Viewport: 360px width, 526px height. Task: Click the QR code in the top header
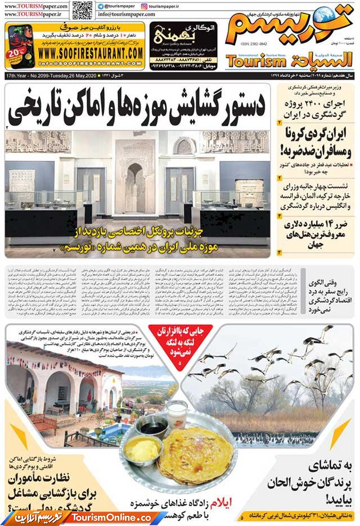coord(82,10)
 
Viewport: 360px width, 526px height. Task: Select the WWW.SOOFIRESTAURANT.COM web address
coord(92,52)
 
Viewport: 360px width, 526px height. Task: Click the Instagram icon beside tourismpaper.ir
coord(145,6)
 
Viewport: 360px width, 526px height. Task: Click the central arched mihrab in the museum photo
coord(136,180)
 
